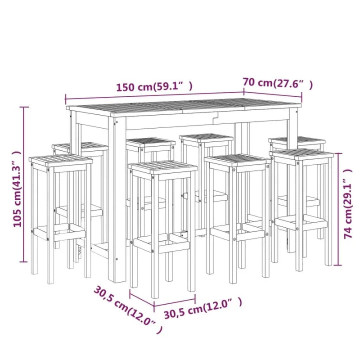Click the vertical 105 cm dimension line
(25, 184)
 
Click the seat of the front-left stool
(61, 161)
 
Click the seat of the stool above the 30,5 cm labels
(163, 167)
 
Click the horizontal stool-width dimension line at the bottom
(162, 295)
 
